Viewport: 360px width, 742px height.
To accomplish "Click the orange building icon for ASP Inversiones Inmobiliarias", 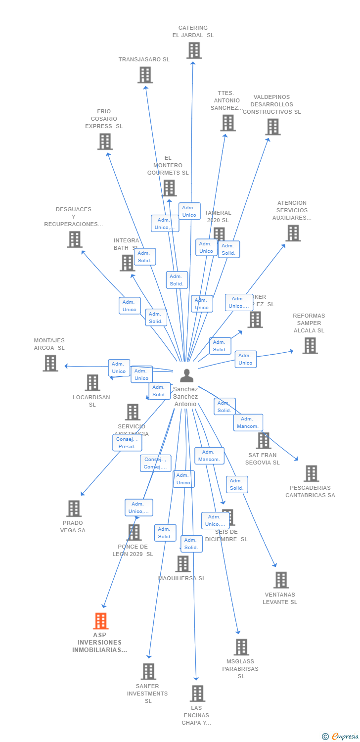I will click(x=101, y=621).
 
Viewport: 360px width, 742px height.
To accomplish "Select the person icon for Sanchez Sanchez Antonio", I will click(x=186, y=376).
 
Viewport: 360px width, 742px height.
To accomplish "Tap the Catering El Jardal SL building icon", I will click(x=194, y=50).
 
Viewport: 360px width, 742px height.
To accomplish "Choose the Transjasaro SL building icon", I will click(x=145, y=75).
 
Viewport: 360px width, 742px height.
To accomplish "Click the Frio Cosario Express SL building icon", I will click(x=105, y=141).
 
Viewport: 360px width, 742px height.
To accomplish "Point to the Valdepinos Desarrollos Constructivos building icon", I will click(x=272, y=127).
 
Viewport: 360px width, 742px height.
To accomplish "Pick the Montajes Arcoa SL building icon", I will click(x=50, y=363).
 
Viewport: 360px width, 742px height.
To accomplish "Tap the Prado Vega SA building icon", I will click(x=74, y=508).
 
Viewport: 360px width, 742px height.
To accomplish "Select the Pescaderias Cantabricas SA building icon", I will click(x=311, y=473).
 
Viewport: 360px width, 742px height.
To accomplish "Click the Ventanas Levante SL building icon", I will click(x=281, y=580).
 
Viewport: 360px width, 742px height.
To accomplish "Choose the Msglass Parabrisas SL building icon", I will click(x=241, y=647).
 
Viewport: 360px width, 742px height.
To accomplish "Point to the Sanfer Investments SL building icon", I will click(x=148, y=671).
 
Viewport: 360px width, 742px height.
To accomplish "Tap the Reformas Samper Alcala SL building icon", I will click(x=310, y=345).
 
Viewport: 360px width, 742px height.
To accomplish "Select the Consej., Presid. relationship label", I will click(x=127, y=443).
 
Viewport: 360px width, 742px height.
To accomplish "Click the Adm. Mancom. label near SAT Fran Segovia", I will click(x=248, y=422).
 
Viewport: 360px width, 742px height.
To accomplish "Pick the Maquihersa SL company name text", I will click(x=181, y=578).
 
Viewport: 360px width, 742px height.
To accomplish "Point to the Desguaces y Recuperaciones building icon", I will click(x=75, y=239).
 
